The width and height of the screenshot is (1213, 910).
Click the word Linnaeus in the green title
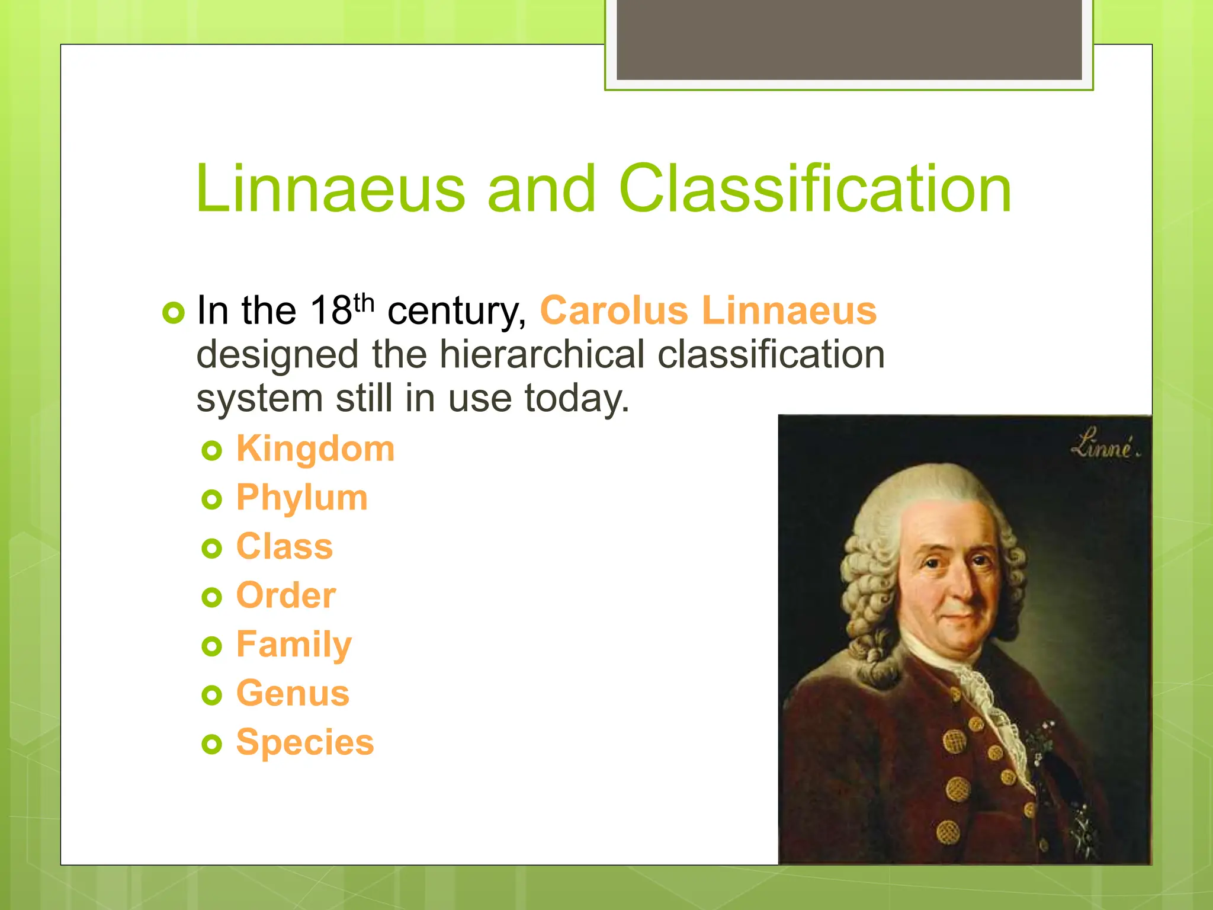330,190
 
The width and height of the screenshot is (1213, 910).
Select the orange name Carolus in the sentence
614,310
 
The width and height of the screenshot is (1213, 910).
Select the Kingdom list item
315,448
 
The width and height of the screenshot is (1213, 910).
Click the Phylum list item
301,498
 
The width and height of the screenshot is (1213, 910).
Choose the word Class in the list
284,546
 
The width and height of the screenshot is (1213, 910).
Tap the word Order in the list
285,595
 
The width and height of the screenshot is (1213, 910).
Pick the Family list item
294,645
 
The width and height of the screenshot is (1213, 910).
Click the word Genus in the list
293,693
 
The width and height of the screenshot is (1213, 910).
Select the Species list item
304,742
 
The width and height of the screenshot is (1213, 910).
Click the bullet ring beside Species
211,744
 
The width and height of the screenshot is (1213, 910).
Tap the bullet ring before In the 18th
173,312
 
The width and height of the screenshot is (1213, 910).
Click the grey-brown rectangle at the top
849,39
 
